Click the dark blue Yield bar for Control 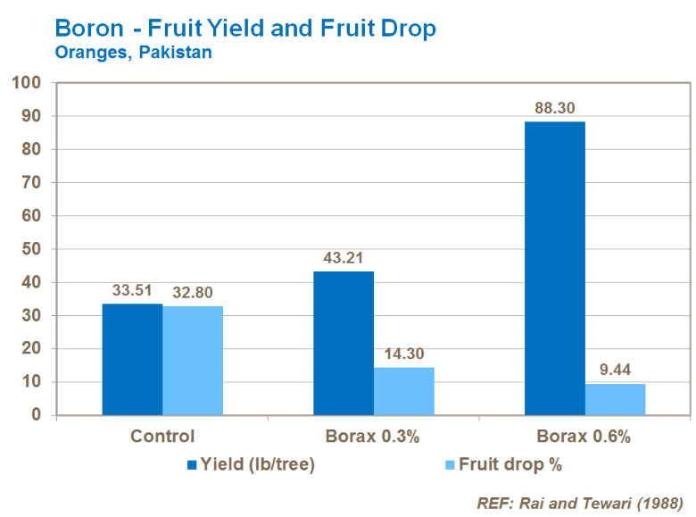click(x=132, y=359)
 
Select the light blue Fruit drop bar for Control click(x=193, y=360)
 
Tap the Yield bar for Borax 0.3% click(x=344, y=343)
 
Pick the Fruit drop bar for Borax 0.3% click(x=404, y=391)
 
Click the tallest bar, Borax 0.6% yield click(x=554, y=268)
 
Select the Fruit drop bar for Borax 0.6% click(x=615, y=399)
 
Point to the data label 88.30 click(x=553, y=107)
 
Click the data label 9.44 click(x=615, y=370)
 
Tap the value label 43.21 click(x=343, y=257)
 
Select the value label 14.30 click(x=404, y=354)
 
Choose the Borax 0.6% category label click(x=584, y=438)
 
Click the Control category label click(x=162, y=438)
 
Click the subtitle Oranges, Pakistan click(x=133, y=52)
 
